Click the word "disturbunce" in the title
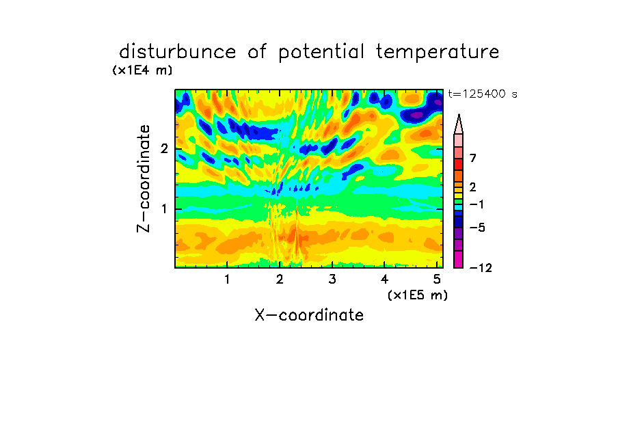(178, 51)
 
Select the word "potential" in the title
(321, 52)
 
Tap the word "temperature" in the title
(438, 52)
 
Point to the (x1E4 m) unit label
(142, 70)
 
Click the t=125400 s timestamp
(483, 94)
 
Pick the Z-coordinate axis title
(144, 178)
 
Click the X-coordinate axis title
(309, 315)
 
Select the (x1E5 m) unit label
(418, 295)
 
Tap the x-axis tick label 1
(227, 279)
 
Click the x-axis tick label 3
(332, 279)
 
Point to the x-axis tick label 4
(385, 279)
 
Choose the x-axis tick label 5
(437, 279)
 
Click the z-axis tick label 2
(164, 149)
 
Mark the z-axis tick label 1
(164, 209)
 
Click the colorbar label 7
(473, 158)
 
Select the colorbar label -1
(476, 204)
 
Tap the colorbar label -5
(477, 228)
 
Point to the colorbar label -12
(481, 268)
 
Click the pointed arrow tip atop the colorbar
(459, 115)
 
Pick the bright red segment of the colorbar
(459, 164)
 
